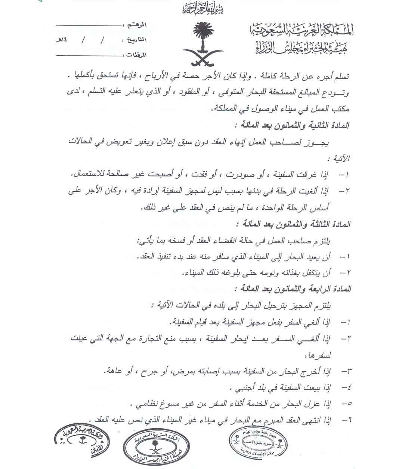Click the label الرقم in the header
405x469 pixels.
click(x=137, y=25)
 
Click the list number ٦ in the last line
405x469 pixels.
click(x=349, y=419)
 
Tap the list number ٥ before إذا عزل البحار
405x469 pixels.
click(x=349, y=404)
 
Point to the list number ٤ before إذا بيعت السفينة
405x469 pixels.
click(x=349, y=388)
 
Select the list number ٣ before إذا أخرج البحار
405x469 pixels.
click(x=349, y=371)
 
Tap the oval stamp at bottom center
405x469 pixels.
click(x=154, y=445)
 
